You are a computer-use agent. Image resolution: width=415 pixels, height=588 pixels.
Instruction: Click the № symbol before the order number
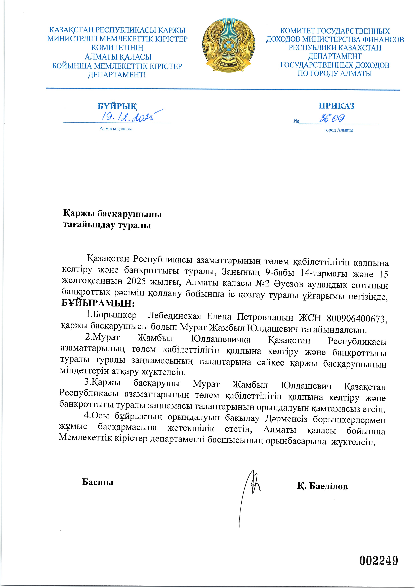click(x=296, y=121)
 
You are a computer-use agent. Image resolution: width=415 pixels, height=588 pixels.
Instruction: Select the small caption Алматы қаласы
click(x=116, y=129)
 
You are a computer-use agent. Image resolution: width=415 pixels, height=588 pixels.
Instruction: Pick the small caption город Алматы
click(x=339, y=130)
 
